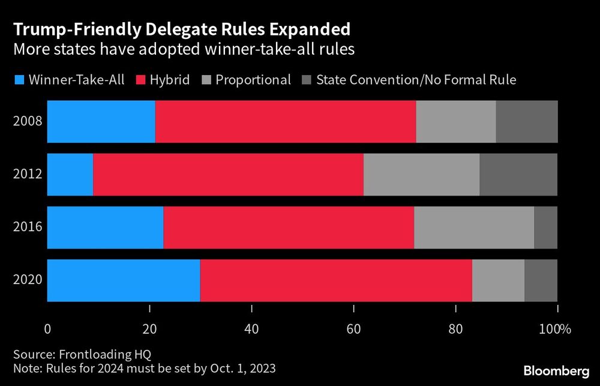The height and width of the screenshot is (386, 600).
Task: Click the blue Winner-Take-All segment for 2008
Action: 101,121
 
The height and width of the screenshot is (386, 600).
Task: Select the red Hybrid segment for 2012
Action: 228,174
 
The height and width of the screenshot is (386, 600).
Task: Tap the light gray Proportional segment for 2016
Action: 474,228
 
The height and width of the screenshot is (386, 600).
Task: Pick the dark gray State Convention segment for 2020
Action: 541,280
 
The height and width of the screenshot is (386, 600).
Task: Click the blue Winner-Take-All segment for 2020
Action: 123,280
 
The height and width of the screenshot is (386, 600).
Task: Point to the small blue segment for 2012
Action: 70,174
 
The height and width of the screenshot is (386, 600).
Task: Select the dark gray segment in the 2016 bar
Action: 545,228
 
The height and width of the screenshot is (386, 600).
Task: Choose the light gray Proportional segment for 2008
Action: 456,121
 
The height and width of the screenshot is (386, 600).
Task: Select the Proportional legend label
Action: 253,80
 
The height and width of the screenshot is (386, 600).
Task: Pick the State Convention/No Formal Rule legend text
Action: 416,80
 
